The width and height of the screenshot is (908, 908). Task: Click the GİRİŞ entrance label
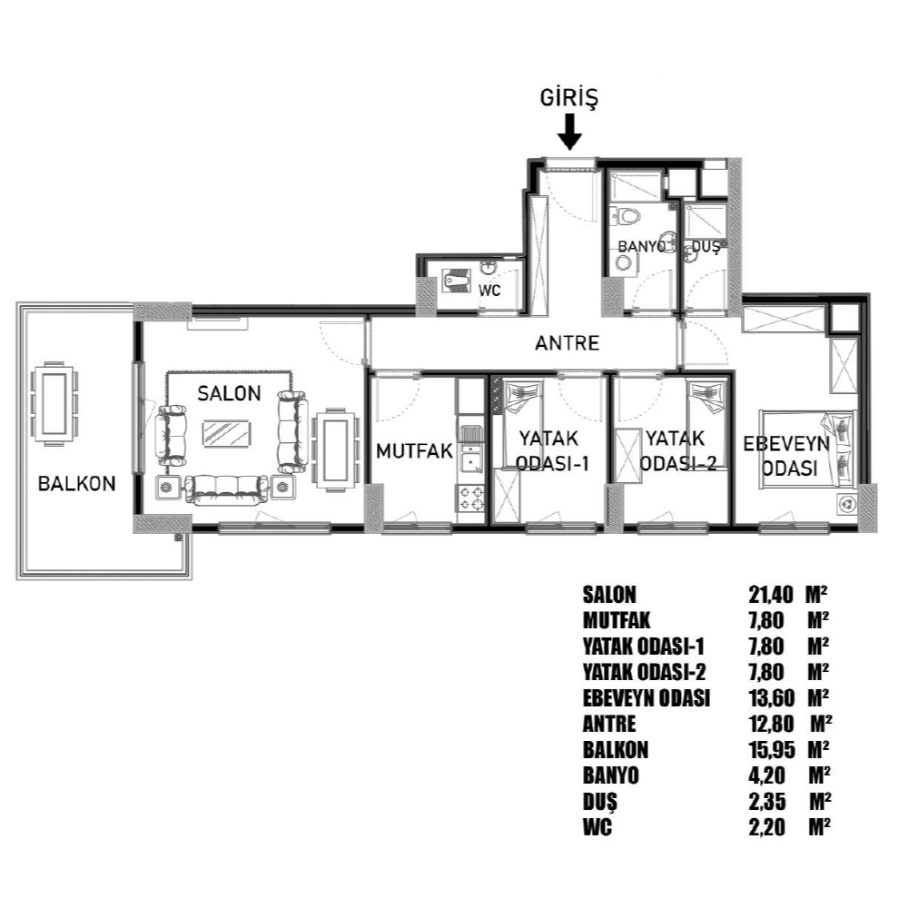click(x=568, y=98)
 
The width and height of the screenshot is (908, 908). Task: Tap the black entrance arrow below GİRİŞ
click(x=570, y=132)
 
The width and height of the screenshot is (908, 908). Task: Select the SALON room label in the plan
click(x=230, y=394)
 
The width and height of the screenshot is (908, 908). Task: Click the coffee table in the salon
click(x=226, y=433)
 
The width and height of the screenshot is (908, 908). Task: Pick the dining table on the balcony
click(x=54, y=403)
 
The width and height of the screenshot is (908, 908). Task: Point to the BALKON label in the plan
click(x=77, y=484)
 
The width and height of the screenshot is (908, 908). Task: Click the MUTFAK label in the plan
click(x=415, y=451)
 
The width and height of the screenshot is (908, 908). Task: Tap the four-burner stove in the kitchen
click(x=471, y=498)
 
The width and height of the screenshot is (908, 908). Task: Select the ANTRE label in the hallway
click(x=567, y=343)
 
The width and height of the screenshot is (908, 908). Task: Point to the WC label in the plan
click(x=489, y=291)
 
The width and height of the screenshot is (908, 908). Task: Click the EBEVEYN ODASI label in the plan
click(x=785, y=457)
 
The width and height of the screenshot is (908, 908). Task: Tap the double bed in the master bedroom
click(x=808, y=448)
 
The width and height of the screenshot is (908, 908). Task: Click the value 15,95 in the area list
click(x=771, y=750)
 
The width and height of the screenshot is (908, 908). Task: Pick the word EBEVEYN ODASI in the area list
click(x=646, y=697)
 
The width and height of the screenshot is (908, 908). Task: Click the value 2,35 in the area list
click(x=767, y=802)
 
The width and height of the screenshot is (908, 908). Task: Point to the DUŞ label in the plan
click(x=706, y=247)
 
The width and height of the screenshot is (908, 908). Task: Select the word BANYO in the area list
click(x=610, y=775)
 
